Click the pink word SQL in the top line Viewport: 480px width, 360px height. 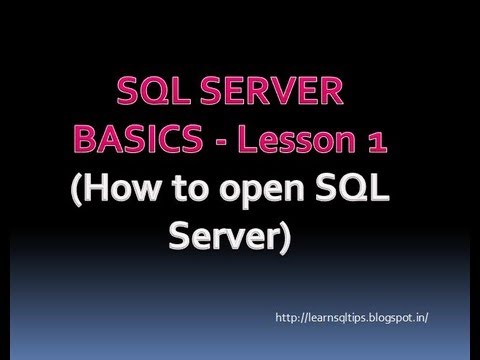point(158,96)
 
